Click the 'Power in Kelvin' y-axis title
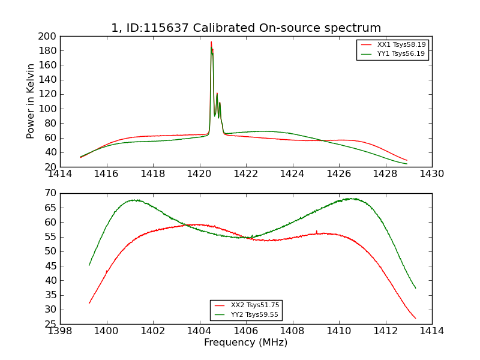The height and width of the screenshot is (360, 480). tap(31, 101)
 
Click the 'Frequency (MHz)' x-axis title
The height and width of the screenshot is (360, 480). tap(245, 343)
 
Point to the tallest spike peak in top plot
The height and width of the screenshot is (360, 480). tap(211, 42)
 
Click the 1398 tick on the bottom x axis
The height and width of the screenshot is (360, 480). tap(60, 331)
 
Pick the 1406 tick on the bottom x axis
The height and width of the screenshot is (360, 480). tap(246, 331)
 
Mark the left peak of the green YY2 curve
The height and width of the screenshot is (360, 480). tap(134, 200)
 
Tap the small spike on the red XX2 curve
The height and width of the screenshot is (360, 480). tap(316, 231)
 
